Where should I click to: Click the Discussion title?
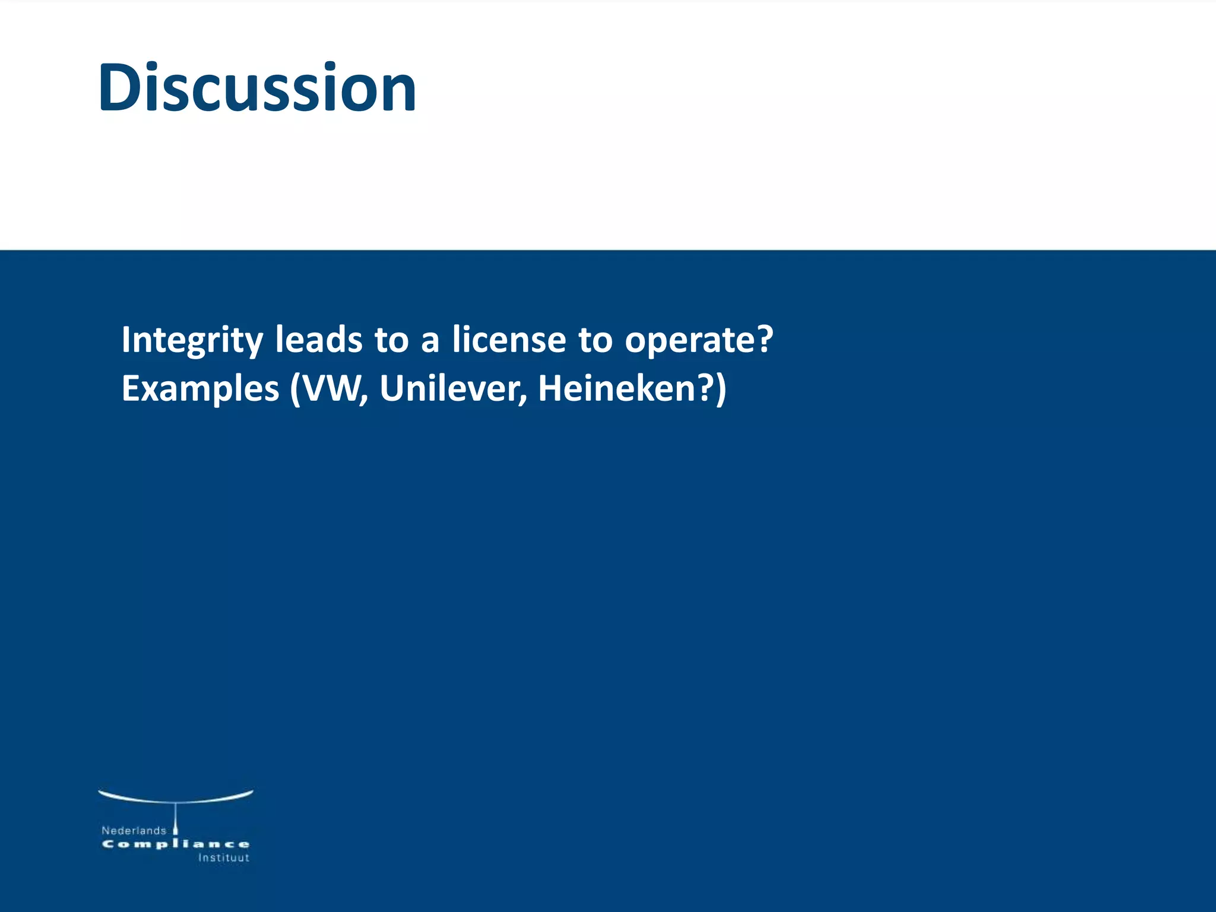[257, 88]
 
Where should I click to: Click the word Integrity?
[192, 341]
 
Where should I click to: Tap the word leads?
[318, 340]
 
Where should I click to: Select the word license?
[509, 340]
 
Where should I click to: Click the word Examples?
[200, 389]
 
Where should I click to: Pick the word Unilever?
[452, 388]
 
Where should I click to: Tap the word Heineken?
[615, 388]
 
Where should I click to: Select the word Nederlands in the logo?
[134, 831]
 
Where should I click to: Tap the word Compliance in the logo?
[176, 844]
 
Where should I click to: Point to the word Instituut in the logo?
[223, 858]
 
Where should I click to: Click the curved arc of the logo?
[176, 797]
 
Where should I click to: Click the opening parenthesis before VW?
[295, 389]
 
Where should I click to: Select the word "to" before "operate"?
[596, 340]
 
